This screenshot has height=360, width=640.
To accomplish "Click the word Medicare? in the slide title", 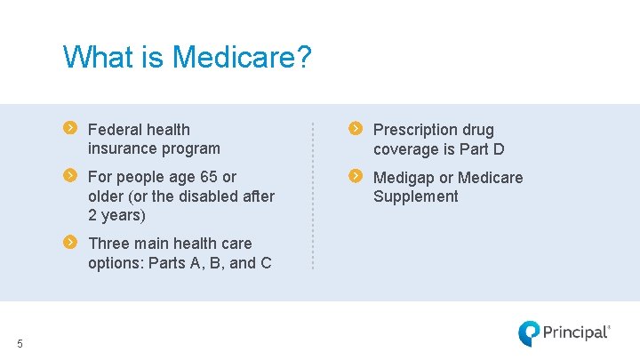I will click(242, 58).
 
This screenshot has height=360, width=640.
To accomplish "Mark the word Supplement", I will click(415, 196).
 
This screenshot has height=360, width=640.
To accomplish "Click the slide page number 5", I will click(20, 344).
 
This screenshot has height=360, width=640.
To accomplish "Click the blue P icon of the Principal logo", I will click(529, 333).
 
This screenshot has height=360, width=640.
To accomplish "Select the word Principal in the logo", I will click(575, 333).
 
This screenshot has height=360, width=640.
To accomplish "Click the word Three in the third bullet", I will click(108, 243).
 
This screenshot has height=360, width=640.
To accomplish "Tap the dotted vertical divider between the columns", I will click(313, 196).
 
